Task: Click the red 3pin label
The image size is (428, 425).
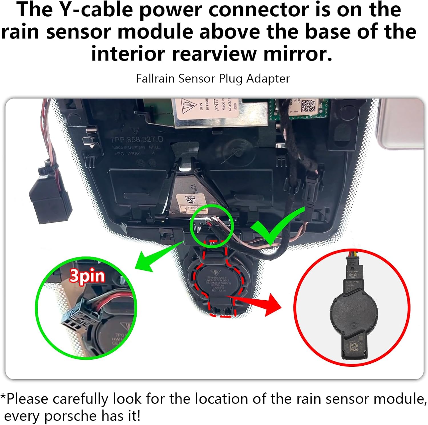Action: (x=87, y=276)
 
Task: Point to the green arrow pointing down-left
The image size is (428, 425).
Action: (x=154, y=257)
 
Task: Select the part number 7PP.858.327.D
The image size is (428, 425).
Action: (x=137, y=139)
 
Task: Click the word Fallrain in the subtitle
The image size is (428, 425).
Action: (x=156, y=78)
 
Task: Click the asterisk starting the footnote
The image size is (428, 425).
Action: (x=3, y=397)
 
